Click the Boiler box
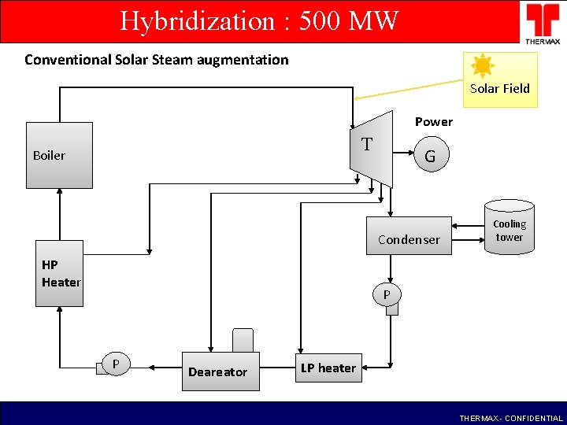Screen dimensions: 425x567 59,155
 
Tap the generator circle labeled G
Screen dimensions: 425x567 430,156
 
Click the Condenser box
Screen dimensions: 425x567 409,236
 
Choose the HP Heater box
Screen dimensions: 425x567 59,273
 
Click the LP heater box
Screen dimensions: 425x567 328,368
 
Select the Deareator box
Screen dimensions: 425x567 217,369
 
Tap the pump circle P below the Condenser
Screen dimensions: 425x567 387,295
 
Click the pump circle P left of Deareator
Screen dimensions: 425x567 117,364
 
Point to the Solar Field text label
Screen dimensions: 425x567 500,89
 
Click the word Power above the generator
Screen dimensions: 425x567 434,122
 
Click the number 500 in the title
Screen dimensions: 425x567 309,20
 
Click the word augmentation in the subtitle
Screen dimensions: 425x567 237,59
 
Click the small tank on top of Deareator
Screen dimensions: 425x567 243,340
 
